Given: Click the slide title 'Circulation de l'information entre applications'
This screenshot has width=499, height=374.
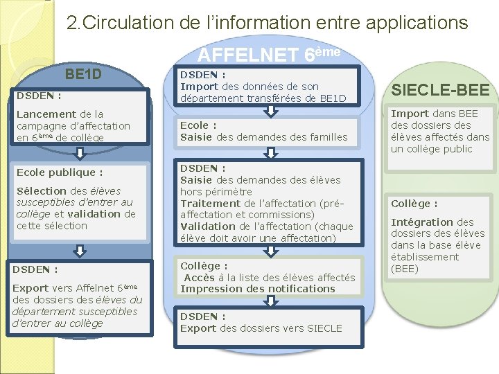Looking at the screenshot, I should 268,22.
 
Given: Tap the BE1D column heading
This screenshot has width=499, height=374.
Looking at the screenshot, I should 83,73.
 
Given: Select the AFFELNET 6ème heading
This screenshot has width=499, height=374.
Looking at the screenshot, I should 269,53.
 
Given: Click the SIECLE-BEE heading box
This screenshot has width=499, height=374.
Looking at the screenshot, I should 441,89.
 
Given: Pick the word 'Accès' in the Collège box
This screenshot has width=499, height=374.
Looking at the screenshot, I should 199,277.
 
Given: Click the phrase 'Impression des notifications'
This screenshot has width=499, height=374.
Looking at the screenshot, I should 257,289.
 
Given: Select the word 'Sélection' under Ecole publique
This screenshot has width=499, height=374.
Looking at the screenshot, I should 42,190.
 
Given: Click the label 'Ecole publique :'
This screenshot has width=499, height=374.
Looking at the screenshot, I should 60,172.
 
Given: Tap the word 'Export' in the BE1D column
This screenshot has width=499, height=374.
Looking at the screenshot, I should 30,287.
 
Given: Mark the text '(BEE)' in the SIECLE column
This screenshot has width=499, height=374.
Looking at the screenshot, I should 405,269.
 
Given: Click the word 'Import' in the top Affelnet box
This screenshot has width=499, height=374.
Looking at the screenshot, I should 199,87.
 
